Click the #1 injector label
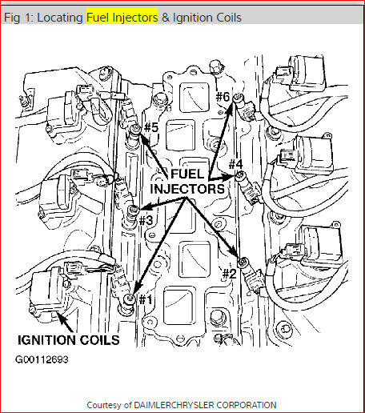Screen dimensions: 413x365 (x=145, y=299)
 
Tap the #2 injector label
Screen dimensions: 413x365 (x=229, y=273)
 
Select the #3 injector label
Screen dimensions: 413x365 (x=146, y=219)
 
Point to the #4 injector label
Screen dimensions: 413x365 (x=235, y=165)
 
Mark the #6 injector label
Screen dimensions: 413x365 (x=223, y=98)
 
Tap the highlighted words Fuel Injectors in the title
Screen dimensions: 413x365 (x=122, y=17)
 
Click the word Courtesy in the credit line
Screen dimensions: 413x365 (x=104, y=405)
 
